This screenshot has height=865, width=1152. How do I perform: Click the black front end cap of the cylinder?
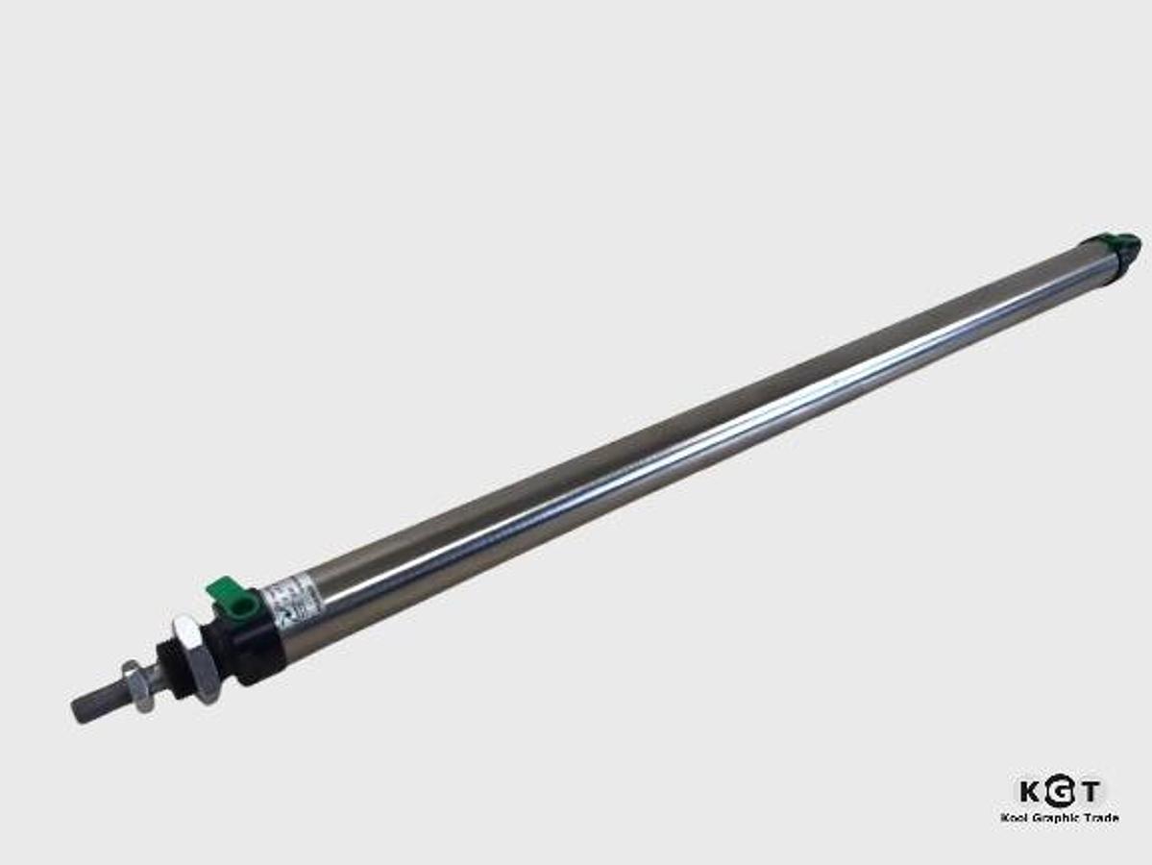click(x=252, y=644)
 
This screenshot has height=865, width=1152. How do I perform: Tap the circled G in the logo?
click(x=1058, y=792)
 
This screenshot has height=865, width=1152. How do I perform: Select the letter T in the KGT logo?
click(x=1089, y=792)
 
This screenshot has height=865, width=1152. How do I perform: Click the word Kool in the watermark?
click(x=1016, y=817)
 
